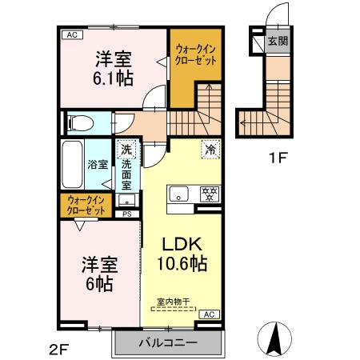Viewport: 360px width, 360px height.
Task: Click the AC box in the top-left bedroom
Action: pos(71,34)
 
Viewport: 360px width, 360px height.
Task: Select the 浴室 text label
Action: pos(98,164)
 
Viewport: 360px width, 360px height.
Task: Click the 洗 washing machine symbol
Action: pos(126,149)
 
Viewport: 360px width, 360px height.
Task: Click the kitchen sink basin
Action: pos(177,193)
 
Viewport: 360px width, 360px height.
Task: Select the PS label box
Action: pos(126,213)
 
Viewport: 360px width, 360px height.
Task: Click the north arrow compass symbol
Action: pos(274,338)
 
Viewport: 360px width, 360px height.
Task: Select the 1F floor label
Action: pos(277,158)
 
